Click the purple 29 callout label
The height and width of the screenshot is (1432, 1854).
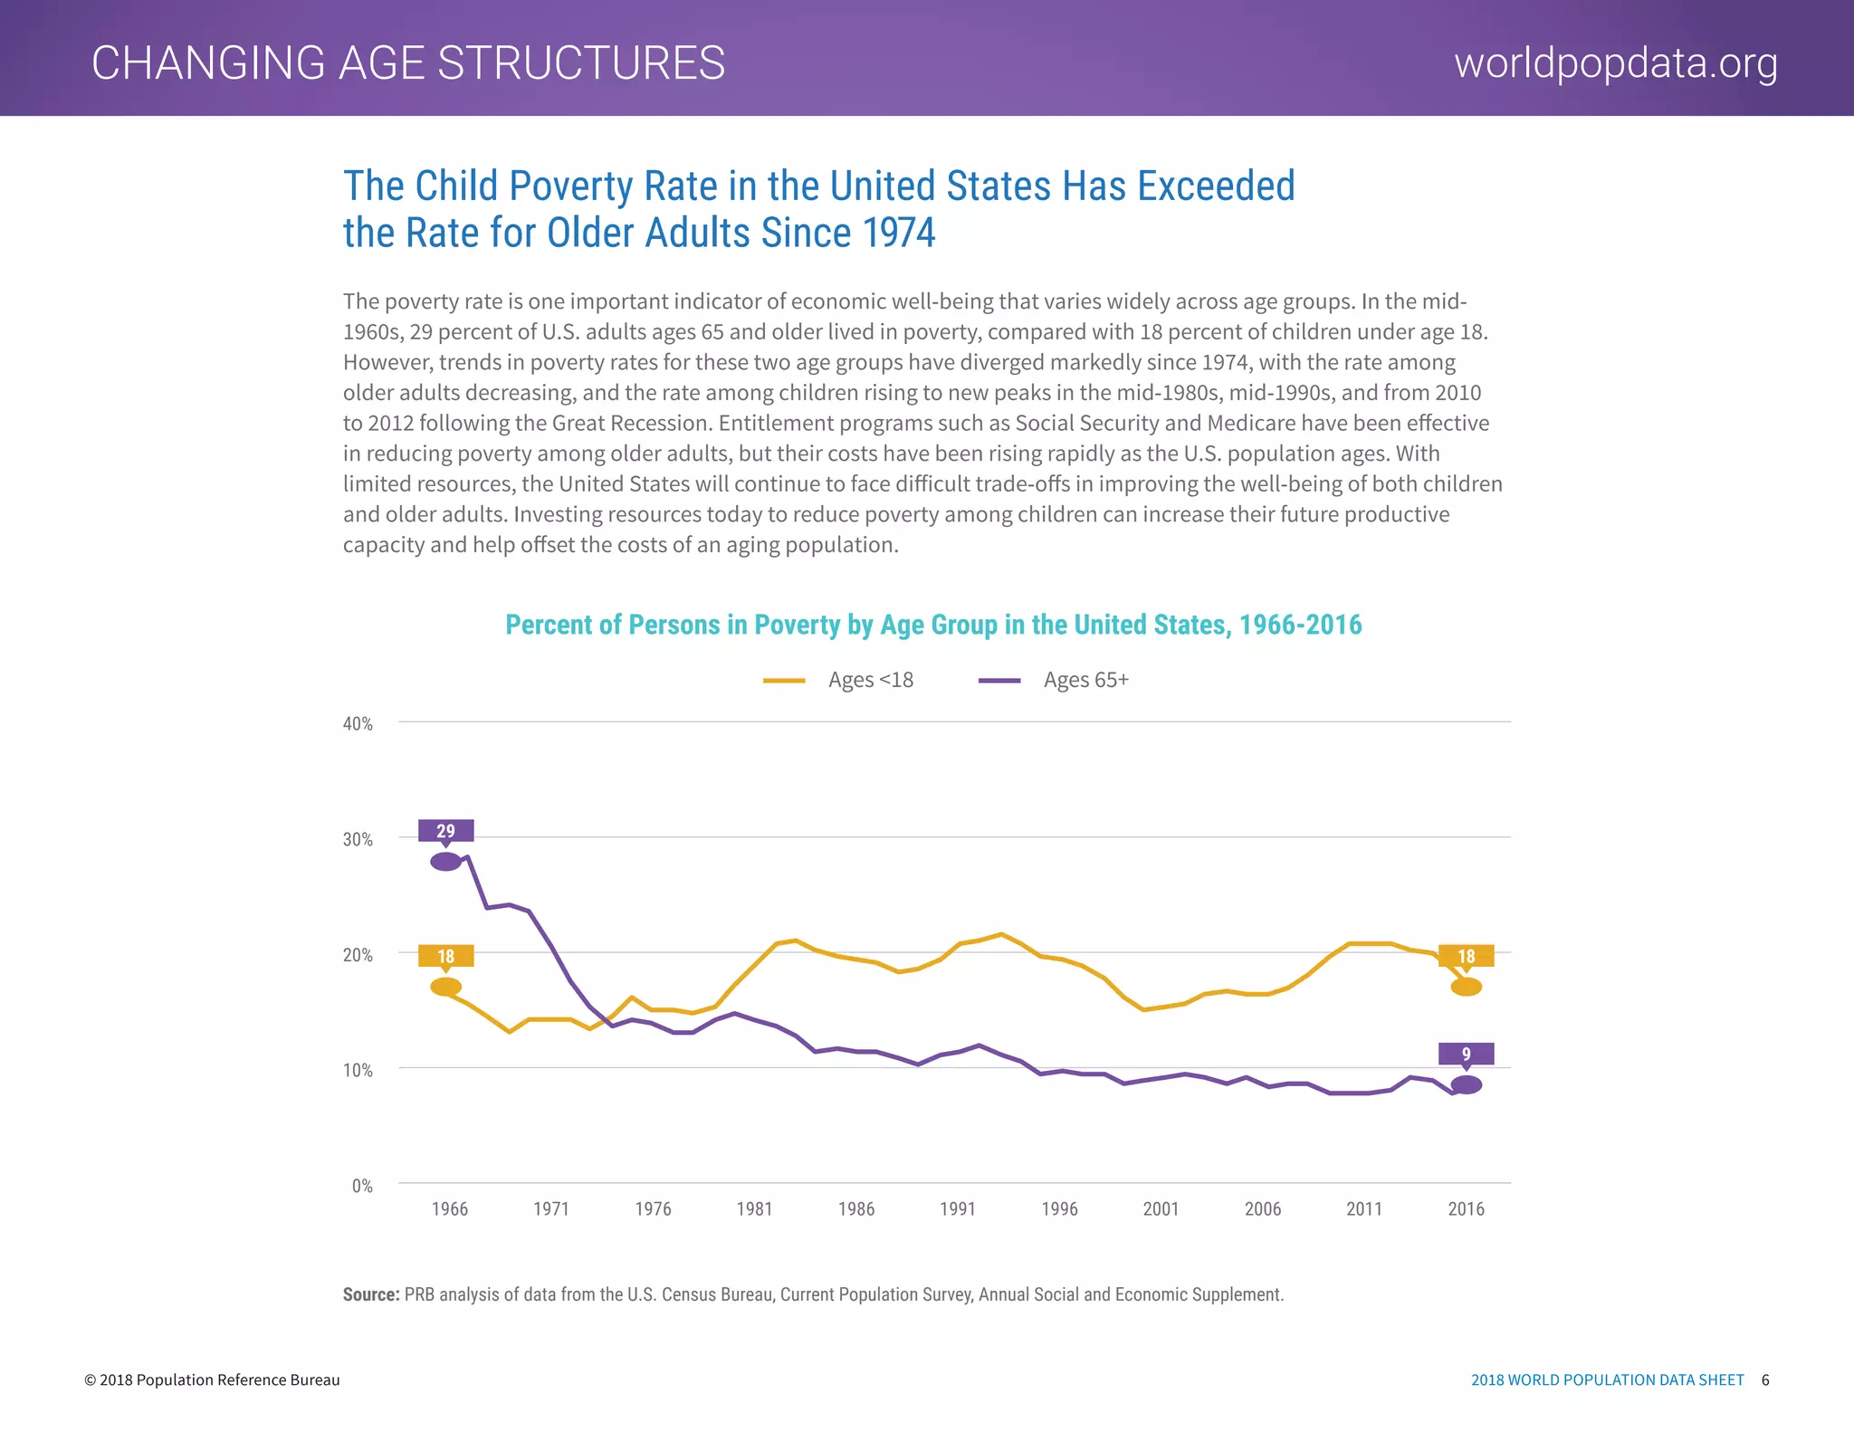pyautogui.click(x=445, y=831)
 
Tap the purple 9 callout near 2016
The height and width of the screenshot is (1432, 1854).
pyautogui.click(x=1466, y=1054)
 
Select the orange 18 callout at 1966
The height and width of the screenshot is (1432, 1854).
pyautogui.click(x=445, y=956)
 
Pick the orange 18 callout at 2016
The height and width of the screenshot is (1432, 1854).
pyautogui.click(x=1466, y=956)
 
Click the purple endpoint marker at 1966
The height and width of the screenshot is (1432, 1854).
pyautogui.click(x=445, y=862)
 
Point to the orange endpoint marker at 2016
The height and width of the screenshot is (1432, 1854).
pyautogui.click(x=1466, y=987)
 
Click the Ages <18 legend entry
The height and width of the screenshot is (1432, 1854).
pyautogui.click(x=839, y=680)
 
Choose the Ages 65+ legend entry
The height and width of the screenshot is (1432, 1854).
pyautogui.click(x=1055, y=680)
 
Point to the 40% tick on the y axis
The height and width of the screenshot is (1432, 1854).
pyautogui.click(x=358, y=724)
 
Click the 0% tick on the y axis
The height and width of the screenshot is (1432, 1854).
pyautogui.click(x=362, y=1186)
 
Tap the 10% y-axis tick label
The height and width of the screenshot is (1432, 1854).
pyautogui.click(x=358, y=1070)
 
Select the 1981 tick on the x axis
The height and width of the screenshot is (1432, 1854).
pyautogui.click(x=754, y=1209)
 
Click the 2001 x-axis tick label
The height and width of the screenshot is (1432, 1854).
pyautogui.click(x=1161, y=1209)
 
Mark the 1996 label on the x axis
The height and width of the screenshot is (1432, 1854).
pyautogui.click(x=1059, y=1209)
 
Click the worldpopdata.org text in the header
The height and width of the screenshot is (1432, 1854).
pyautogui.click(x=1616, y=63)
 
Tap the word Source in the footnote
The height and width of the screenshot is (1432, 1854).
pyautogui.click(x=370, y=1294)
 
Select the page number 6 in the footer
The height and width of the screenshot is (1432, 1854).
pyautogui.click(x=1765, y=1379)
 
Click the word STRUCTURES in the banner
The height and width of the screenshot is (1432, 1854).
pyautogui.click(x=581, y=63)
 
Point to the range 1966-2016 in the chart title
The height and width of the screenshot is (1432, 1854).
pyautogui.click(x=1300, y=625)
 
